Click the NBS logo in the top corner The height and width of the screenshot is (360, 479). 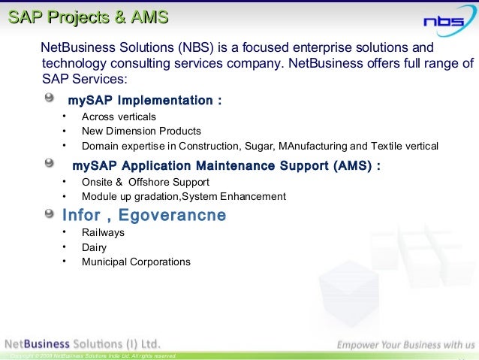coord(444,21)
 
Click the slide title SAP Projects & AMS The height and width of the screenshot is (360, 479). coord(88,18)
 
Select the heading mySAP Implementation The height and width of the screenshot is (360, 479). coord(144,101)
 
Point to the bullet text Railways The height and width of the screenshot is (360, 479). coord(103,233)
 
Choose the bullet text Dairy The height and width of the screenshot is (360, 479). coord(94,247)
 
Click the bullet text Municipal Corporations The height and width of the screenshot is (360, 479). coord(136,262)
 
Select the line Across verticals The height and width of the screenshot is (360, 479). coord(119,116)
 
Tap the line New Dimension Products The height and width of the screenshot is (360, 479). coord(141,131)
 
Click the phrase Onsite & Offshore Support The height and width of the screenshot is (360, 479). coord(146,182)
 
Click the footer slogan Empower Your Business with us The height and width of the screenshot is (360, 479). coord(405,345)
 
